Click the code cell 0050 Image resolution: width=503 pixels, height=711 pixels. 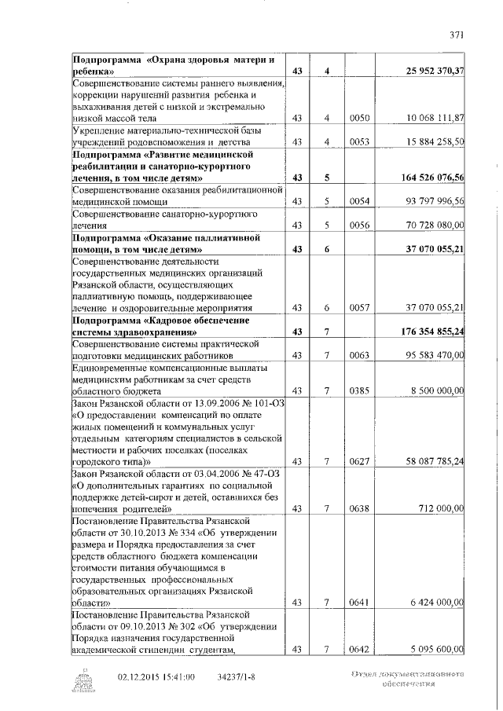pyautogui.click(x=358, y=118)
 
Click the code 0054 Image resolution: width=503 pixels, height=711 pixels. pyautogui.click(x=358, y=201)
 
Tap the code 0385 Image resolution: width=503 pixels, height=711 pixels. pyautogui.click(x=358, y=390)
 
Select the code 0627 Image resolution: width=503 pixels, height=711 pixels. pyautogui.click(x=358, y=462)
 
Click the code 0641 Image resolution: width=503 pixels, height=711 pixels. pyautogui.click(x=358, y=603)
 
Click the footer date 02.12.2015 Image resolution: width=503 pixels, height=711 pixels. pyautogui.click(x=138, y=677)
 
